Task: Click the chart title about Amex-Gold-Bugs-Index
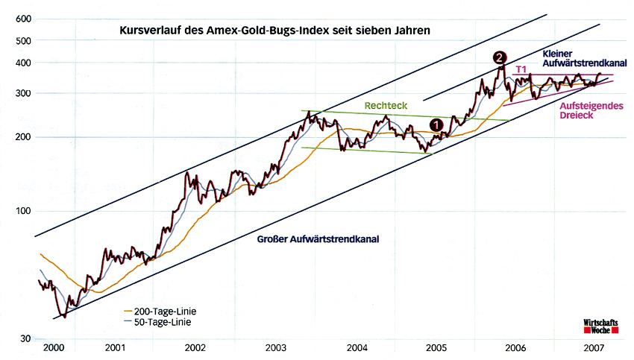[274, 31]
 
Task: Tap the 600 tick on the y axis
[22, 18]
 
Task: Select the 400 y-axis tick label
[22, 63]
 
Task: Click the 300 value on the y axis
[22, 93]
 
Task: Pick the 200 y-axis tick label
[22, 136]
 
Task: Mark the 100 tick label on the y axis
[22, 211]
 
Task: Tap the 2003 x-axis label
[276, 348]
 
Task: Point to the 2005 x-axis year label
[436, 348]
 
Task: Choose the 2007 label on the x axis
[594, 348]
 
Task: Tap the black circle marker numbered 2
[500, 57]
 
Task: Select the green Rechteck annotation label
[386, 106]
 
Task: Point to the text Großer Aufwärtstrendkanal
[318, 240]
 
